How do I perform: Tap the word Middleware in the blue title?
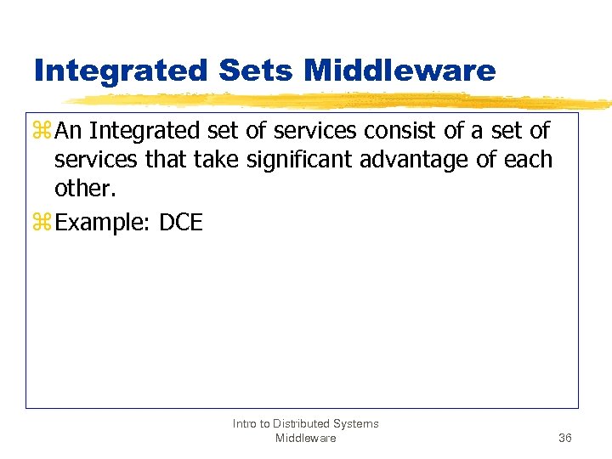coord(399,71)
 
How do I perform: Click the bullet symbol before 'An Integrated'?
coord(42,133)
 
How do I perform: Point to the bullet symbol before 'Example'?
coord(42,223)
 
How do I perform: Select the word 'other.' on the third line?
coord(85,188)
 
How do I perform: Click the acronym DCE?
coord(181,223)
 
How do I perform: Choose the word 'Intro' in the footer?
coord(246,423)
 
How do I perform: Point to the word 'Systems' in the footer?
coord(357,423)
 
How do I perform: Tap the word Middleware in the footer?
coord(305,438)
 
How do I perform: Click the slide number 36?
coord(565,438)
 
